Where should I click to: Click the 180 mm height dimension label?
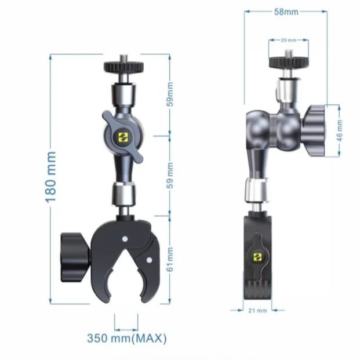point(50,177)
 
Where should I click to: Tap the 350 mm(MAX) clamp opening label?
point(127,338)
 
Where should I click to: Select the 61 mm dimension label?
point(170,260)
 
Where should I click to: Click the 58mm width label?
point(286,12)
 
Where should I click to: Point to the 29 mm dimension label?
point(289,40)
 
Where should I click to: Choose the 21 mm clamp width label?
point(257,311)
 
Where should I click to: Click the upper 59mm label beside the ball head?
point(170,94)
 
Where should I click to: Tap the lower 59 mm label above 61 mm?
point(170,176)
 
